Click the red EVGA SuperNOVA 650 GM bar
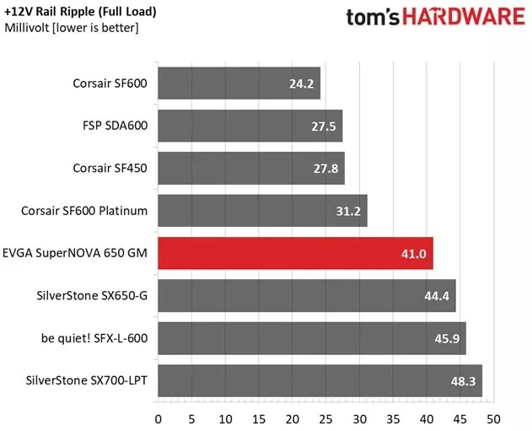(295, 253)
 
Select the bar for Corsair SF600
(239, 84)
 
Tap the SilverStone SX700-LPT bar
(320, 380)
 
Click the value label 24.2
(300, 84)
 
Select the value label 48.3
(462, 381)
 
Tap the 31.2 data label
(347, 212)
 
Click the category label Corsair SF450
(110, 168)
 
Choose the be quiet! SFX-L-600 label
(94, 337)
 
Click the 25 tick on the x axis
(326, 418)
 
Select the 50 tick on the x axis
(493, 418)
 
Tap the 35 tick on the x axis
(393, 418)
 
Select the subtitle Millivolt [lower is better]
(72, 29)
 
